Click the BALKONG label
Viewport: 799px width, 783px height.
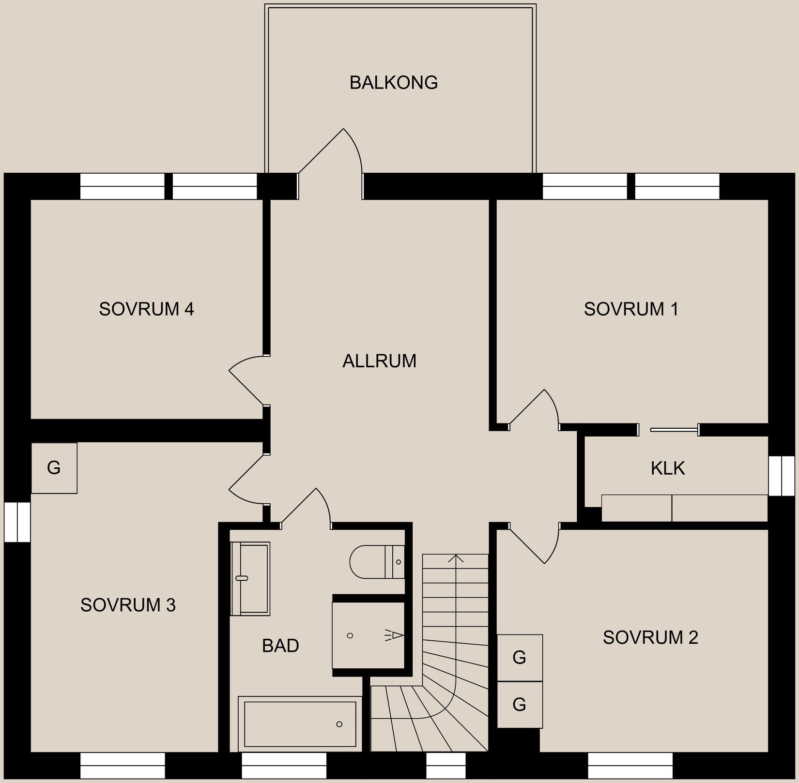point(393,83)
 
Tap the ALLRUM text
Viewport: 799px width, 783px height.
point(379,361)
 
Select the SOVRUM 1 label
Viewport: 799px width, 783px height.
point(631,309)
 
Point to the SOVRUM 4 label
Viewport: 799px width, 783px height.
point(146,309)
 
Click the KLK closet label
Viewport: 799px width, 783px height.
point(668,468)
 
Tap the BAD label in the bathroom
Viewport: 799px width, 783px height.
point(280,646)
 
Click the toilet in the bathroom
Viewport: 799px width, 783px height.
point(376,561)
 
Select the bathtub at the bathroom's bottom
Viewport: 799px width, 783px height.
point(300,723)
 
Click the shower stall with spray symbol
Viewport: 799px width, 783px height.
point(368,635)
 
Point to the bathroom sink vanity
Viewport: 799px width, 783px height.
point(250,578)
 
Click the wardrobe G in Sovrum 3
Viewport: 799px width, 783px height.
point(54,467)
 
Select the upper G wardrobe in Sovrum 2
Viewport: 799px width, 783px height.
point(520,657)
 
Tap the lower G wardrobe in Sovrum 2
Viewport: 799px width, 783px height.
point(520,704)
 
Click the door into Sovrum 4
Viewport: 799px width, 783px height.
point(247,380)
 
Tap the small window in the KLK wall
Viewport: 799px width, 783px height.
point(782,476)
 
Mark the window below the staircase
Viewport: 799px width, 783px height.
point(446,765)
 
